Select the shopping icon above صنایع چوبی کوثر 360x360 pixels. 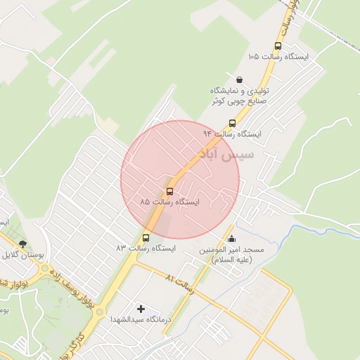pos(240,79)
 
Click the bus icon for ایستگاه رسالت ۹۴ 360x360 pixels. pos(232,123)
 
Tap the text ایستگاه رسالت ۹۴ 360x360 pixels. pos(232,134)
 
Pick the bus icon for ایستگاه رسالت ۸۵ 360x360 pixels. pos(169,191)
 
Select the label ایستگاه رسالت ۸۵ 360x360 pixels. pos(169,202)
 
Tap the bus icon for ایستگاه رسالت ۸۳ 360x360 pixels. pos(146,238)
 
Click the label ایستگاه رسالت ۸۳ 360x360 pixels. pos(146,248)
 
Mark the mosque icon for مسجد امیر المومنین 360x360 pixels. pos(232,239)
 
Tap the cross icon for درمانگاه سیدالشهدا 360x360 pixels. pos(141,309)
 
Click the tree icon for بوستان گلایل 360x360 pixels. pos(23,244)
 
